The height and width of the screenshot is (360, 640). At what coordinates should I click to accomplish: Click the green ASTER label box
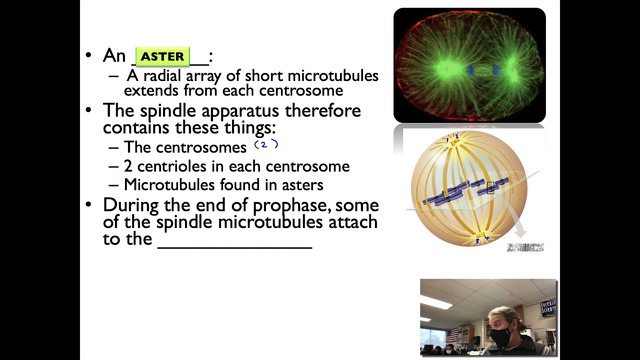pos(162,56)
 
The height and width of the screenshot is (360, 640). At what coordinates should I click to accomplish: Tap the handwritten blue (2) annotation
pos(266,144)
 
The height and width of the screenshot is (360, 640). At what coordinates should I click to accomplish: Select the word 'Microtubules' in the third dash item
pos(169,184)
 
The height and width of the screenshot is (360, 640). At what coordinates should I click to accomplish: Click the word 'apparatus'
pos(240,111)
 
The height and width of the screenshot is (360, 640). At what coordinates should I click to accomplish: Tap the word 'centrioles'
pos(171,166)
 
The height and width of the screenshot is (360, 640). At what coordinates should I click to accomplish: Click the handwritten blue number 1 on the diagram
pos(447,139)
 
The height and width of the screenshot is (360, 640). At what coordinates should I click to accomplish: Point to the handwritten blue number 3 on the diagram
pos(477,241)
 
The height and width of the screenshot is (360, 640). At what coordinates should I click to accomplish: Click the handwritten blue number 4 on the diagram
pos(487,238)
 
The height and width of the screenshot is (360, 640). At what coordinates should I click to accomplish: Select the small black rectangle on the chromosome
pos(490,188)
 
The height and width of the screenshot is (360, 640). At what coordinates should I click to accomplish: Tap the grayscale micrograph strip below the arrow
pos(525,247)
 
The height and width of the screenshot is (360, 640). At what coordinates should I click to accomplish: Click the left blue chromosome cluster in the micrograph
pos(470,70)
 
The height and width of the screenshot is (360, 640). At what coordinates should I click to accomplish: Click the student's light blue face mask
pos(450,352)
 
